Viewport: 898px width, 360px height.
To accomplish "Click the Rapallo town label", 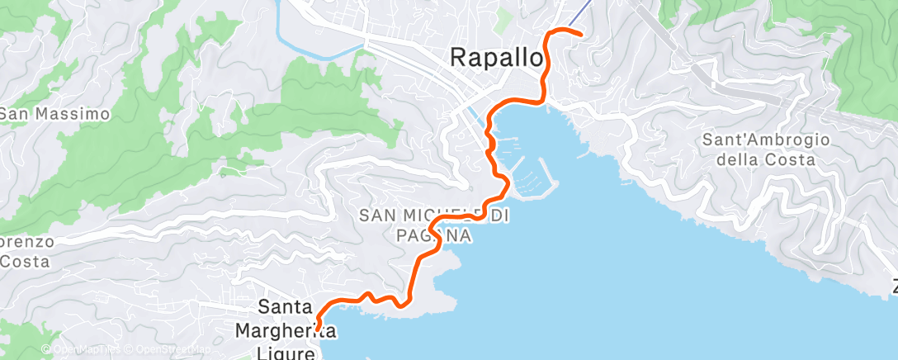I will (x=498, y=58).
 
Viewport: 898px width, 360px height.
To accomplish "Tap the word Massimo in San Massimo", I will (x=69, y=114).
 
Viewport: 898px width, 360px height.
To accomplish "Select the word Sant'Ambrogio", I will (x=765, y=140).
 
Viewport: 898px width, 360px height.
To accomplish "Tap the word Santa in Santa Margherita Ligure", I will (x=286, y=307).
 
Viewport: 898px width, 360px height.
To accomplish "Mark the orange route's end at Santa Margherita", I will (x=317, y=329).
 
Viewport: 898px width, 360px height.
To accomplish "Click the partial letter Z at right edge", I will (x=894, y=288).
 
